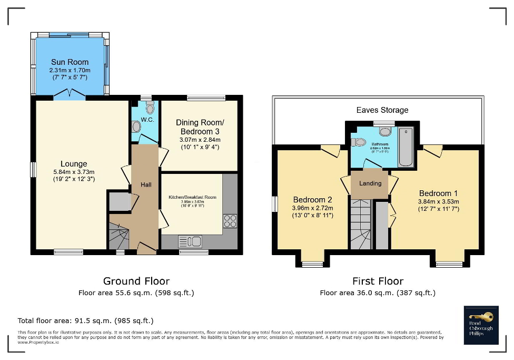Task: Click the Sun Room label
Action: [70, 62]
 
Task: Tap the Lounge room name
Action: [73, 164]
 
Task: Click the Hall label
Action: [146, 184]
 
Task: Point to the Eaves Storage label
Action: [382, 110]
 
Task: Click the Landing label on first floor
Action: [370, 183]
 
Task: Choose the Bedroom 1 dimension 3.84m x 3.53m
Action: [439, 201]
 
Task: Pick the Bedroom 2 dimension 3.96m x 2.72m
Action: [312, 208]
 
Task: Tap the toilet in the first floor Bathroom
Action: [360, 141]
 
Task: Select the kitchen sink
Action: [191, 242]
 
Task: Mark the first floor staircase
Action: [361, 224]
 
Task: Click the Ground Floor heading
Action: [136, 281]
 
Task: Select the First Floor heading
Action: [378, 281]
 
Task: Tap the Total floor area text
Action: [85, 320]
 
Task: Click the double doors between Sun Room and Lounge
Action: [70, 95]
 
